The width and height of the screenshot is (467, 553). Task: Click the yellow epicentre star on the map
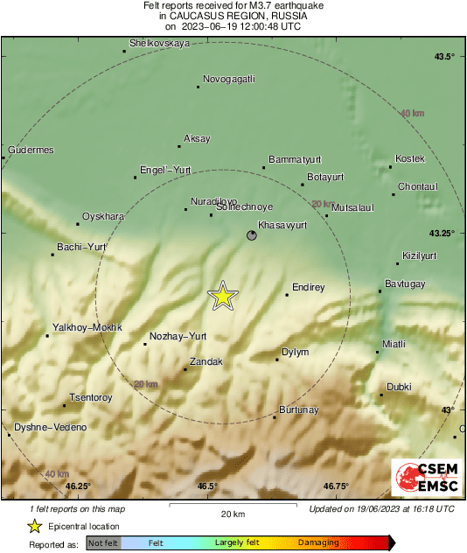coord(223,296)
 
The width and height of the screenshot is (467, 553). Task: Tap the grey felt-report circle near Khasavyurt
coord(252,235)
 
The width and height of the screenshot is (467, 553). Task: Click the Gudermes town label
coord(31,150)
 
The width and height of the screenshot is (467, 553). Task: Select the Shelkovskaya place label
coord(159,42)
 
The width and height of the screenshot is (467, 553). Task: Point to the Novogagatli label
coord(228,79)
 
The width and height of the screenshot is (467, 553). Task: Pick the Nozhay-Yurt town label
coord(178,336)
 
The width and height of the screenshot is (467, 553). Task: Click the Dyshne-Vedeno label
coord(50,427)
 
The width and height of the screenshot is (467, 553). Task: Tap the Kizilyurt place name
coord(418,255)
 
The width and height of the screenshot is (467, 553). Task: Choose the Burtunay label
coord(298,409)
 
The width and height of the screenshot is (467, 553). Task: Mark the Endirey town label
coord(308,287)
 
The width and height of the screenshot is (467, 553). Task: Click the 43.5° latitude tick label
coord(444,57)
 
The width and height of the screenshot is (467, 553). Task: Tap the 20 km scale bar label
coord(232,514)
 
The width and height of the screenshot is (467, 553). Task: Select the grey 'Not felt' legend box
coord(103,542)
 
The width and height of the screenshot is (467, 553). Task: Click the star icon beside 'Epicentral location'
coord(34,526)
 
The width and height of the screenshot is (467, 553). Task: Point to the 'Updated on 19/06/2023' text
coord(381,508)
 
